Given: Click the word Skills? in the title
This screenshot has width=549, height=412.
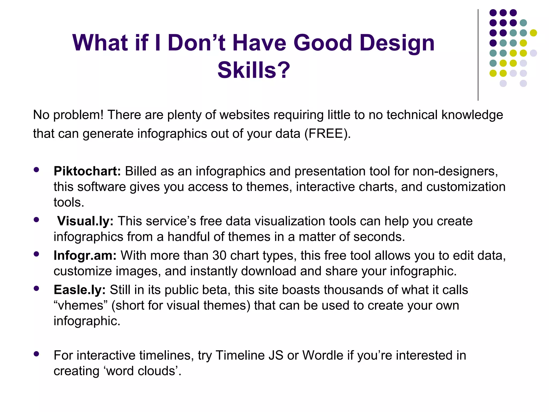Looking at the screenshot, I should coord(254,70).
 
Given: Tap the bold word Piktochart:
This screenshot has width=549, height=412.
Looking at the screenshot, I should coord(87,171).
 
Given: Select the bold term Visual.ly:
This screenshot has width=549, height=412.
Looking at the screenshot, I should coord(85,221).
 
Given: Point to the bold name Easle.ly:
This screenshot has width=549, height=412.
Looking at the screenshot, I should coord(80,290).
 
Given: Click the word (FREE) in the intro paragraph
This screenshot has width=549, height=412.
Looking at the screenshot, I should coord(327,134).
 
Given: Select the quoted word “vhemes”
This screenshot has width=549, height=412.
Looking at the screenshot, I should coord(80,306).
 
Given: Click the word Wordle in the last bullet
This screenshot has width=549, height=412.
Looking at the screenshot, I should coord(323,355).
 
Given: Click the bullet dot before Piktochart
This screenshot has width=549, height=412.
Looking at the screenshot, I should coord(36,170).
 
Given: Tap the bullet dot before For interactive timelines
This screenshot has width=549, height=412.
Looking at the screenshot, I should coord(36,354).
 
